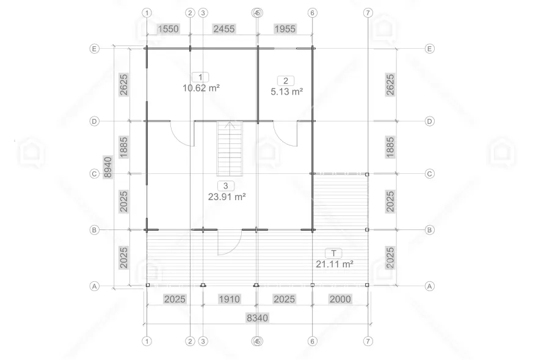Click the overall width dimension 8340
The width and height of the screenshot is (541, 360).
(258, 317)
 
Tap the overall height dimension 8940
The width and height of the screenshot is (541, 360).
(108, 167)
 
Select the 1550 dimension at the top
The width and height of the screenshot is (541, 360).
(168, 29)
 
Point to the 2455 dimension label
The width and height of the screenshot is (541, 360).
(224, 29)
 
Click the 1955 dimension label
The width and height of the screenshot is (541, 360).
(285, 29)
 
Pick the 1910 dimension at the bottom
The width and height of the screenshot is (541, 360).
(230, 299)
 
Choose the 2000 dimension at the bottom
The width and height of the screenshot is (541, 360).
(340, 299)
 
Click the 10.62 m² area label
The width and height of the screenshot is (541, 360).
(201, 88)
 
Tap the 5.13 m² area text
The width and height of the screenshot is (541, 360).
(287, 92)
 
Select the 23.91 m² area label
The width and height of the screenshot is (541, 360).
(227, 197)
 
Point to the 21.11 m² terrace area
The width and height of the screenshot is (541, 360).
(335, 264)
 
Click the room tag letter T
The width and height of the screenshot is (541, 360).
(333, 253)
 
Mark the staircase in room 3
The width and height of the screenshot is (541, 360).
(230, 148)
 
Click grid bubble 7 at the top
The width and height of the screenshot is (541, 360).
(368, 13)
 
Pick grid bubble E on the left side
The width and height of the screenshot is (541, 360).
(94, 49)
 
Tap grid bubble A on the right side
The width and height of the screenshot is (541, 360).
(429, 286)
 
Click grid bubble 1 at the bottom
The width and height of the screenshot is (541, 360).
(147, 341)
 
